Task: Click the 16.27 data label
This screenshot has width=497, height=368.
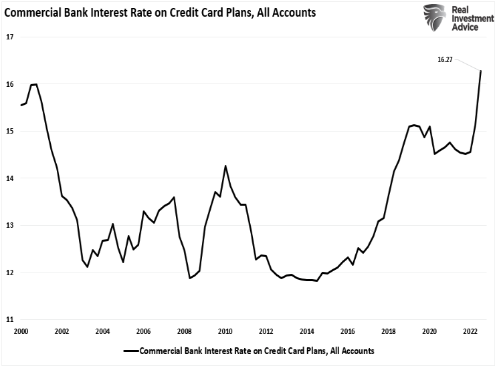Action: [445, 59]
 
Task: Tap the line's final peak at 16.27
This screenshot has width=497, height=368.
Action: [481, 71]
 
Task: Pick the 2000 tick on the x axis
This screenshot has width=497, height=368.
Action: [21, 331]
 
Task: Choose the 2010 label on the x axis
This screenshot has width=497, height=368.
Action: [225, 331]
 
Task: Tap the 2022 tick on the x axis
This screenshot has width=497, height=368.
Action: [470, 331]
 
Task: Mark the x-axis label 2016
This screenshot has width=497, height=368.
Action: [347, 331]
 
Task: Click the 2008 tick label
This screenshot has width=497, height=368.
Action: [184, 331]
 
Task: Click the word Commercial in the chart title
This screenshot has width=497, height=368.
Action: [32, 11]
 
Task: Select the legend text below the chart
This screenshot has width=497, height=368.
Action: [258, 350]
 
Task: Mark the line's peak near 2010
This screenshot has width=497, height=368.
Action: [225, 166]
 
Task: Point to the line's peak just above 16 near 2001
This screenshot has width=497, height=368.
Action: [36, 84]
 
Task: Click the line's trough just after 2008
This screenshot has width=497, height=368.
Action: [190, 278]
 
